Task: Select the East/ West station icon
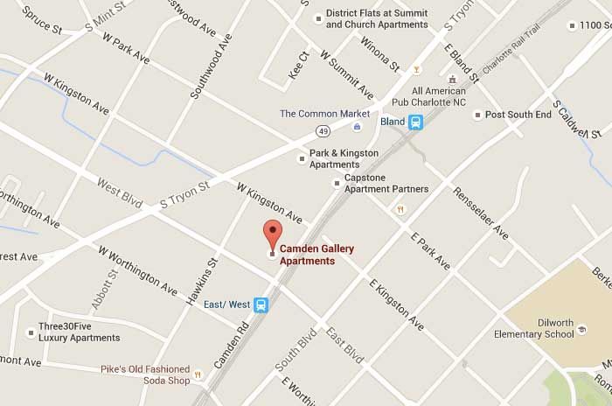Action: pos(261,304)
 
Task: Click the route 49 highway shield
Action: pos(323,130)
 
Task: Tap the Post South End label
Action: pos(518,115)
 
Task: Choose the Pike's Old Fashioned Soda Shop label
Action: pos(145,374)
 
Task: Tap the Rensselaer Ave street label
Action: pos(480,213)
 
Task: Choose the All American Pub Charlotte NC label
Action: pos(453,95)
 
